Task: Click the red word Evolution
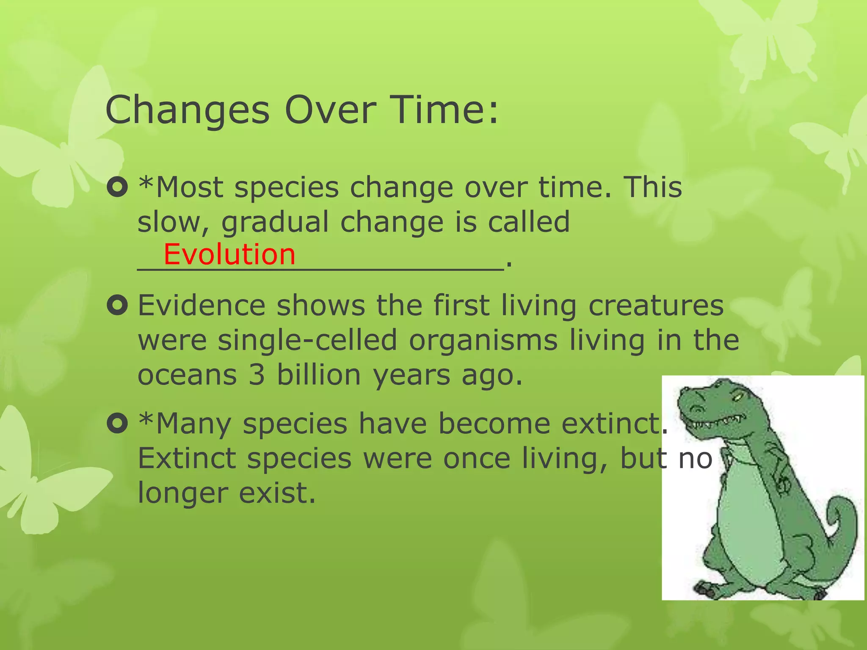coord(229,254)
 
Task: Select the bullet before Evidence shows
coord(117,306)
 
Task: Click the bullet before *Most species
coord(117,187)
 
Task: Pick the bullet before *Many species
coord(117,423)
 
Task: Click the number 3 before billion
coord(257,375)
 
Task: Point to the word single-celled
coord(307,340)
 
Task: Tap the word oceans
coord(187,375)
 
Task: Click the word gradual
coord(275,223)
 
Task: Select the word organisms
coord(483,341)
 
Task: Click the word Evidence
coord(201,306)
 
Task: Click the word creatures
coord(656,306)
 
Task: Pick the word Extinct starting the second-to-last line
coord(187,458)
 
